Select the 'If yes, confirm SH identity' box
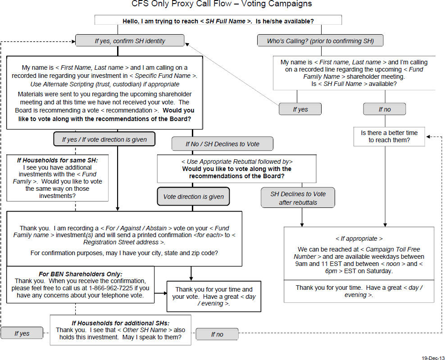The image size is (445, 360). coord(130,40)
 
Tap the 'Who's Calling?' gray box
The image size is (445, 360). coord(320,40)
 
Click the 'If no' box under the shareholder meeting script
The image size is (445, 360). coord(385,109)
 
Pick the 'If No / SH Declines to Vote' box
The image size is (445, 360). coord(222,144)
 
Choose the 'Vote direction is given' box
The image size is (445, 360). coord(193,197)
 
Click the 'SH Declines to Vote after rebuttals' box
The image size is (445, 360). coord(298,198)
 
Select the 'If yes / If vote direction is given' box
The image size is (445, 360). coord(104,139)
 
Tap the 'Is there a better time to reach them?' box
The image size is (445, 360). coord(389,136)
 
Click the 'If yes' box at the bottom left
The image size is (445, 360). coord(22,333)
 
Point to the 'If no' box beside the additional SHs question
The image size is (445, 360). coord(217,334)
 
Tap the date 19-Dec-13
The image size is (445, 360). coord(433,358)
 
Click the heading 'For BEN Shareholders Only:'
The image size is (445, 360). coord(81,274)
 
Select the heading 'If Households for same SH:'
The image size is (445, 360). coord(57,160)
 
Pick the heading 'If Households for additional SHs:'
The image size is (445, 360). coord(120,323)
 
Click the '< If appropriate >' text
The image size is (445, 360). coord(359,238)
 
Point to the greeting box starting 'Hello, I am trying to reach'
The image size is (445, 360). coord(218,20)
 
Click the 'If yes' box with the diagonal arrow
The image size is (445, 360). coord(300,109)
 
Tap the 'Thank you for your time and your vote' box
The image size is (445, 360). coord(213,296)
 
